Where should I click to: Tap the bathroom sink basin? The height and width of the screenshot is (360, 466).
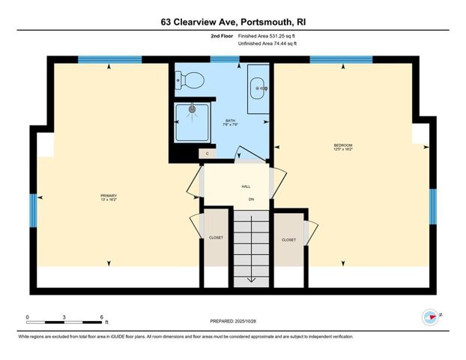[x=258, y=88]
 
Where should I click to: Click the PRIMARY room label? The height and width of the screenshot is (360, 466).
[x=109, y=197]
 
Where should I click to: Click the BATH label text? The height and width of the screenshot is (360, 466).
[x=231, y=122]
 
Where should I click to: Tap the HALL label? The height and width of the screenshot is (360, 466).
[x=246, y=186]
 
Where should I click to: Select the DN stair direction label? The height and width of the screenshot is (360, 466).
[x=252, y=199]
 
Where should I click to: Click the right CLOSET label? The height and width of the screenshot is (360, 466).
[x=288, y=240]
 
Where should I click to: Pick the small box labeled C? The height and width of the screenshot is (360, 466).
[x=208, y=153]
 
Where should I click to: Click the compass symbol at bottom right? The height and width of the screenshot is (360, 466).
[x=430, y=316]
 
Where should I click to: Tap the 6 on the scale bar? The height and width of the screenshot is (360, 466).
[x=100, y=318]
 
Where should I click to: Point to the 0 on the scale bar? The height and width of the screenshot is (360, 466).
[x=28, y=318]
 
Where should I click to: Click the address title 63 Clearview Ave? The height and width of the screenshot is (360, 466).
[x=233, y=22]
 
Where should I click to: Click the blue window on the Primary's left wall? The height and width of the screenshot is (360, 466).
[x=33, y=208]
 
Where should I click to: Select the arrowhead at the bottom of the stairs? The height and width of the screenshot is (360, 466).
[x=251, y=280]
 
